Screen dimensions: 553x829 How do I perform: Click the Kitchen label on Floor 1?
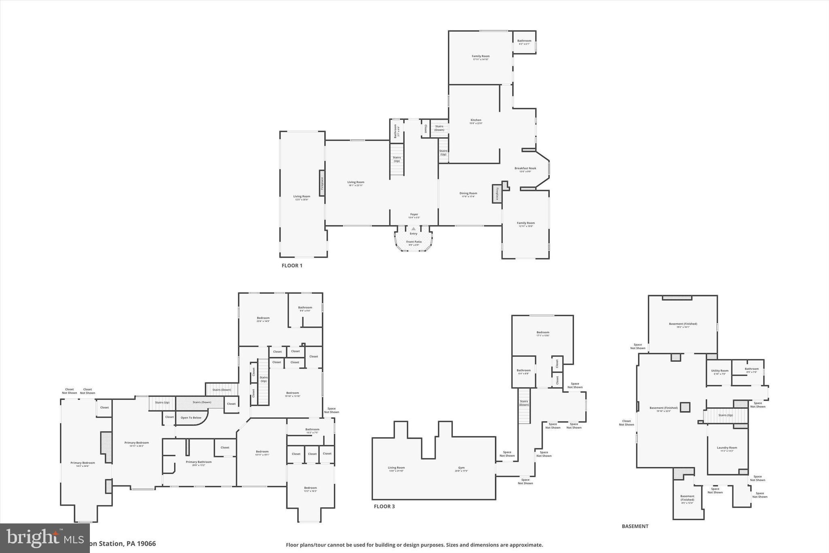point(476,120)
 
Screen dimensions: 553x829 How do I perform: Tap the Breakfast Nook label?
point(525,169)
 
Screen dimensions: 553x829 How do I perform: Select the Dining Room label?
point(468,194)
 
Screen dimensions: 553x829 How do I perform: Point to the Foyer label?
point(414,215)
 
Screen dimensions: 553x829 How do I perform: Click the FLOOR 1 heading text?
point(292,266)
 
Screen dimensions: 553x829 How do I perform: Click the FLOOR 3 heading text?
point(384,506)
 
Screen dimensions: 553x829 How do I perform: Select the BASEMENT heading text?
point(635,526)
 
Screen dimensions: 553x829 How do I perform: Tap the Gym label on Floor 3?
point(461,468)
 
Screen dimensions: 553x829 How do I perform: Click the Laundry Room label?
point(727,448)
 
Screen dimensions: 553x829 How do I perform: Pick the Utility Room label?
point(720,371)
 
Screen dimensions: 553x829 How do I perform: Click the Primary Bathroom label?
point(198,462)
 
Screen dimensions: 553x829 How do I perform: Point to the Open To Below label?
point(191,418)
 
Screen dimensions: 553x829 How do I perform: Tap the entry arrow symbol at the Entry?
point(413,229)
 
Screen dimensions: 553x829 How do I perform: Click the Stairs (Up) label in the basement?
point(725,415)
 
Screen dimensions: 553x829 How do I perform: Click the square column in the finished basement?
point(684,407)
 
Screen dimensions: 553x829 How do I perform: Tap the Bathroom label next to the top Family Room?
point(524,41)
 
